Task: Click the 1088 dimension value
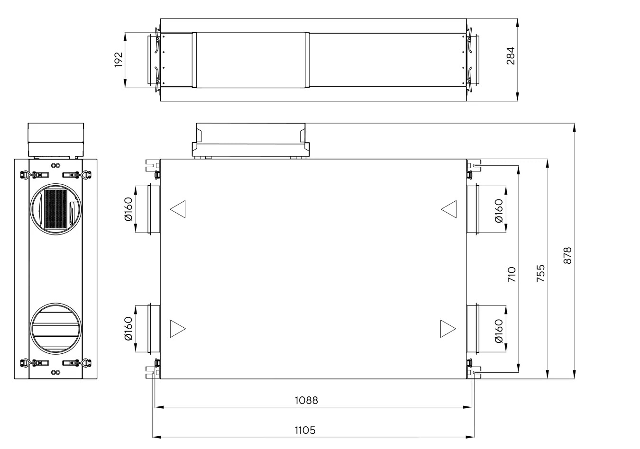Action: [306, 400]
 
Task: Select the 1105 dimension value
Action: [305, 430]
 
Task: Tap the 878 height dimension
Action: [567, 255]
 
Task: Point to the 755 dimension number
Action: [540, 273]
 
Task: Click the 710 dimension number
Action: [512, 274]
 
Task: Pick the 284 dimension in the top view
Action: [510, 56]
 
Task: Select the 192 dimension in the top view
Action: [119, 60]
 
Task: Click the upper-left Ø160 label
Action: [128, 209]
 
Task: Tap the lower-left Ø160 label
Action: [128, 329]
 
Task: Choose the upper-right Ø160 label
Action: [499, 211]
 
